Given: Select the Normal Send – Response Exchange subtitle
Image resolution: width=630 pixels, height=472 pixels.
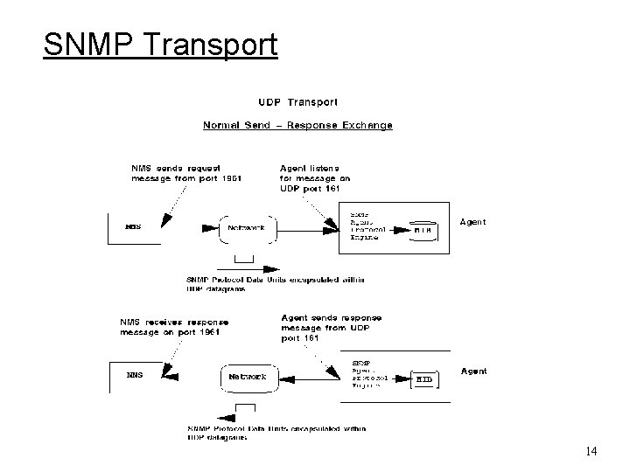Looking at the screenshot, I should (x=298, y=125).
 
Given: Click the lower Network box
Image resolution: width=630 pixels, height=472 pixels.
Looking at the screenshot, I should (x=248, y=378).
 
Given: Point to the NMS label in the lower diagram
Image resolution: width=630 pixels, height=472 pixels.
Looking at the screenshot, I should (x=134, y=375).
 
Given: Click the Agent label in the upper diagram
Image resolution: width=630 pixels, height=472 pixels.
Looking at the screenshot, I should (x=473, y=222).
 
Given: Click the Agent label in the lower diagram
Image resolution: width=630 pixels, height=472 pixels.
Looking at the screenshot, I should (x=474, y=371).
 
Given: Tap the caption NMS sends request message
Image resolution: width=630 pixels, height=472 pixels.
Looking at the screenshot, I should (x=185, y=172).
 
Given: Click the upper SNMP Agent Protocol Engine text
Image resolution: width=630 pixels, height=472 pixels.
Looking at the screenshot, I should (x=366, y=225).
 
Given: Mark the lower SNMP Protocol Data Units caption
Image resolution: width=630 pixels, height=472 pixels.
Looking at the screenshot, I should (x=276, y=433).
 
